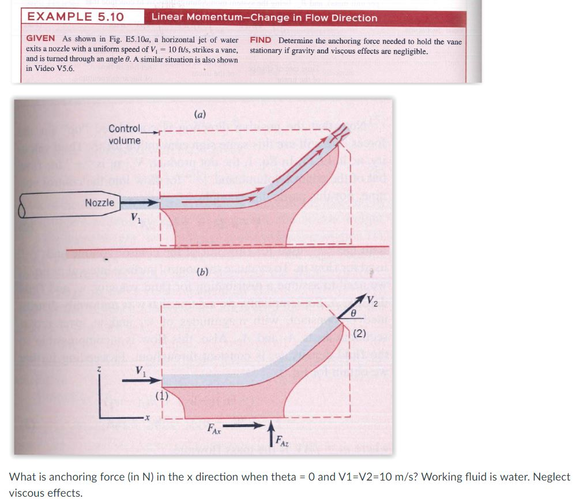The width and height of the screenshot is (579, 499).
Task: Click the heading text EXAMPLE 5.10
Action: (x=76, y=17)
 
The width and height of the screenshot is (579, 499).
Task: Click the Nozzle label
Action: (x=100, y=203)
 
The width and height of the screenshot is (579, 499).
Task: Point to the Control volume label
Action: (x=124, y=134)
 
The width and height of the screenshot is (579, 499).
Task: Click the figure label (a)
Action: (x=200, y=114)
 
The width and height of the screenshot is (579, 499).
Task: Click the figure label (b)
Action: (x=202, y=271)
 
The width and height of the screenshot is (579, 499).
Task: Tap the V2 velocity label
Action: (x=374, y=301)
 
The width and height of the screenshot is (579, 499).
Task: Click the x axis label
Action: (x=146, y=417)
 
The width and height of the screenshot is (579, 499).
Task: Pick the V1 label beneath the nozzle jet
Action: (x=135, y=219)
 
